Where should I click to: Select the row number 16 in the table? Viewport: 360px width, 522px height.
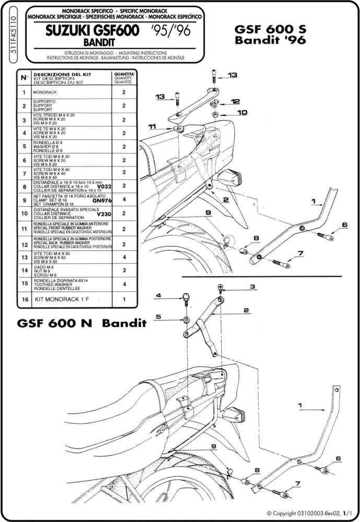[x=24, y=300]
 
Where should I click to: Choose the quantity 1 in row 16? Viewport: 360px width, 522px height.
[x=124, y=300]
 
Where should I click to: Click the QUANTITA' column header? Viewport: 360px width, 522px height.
[x=124, y=75]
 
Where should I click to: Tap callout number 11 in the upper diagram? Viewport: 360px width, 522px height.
[x=152, y=126]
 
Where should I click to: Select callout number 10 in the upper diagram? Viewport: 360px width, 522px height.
[x=242, y=112]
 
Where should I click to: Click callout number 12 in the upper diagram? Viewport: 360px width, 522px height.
[x=235, y=101]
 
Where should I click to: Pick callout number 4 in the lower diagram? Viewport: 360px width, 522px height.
[x=159, y=296]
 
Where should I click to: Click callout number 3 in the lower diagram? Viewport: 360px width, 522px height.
[x=251, y=286]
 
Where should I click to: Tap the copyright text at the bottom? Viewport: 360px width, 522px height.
[x=310, y=514]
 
